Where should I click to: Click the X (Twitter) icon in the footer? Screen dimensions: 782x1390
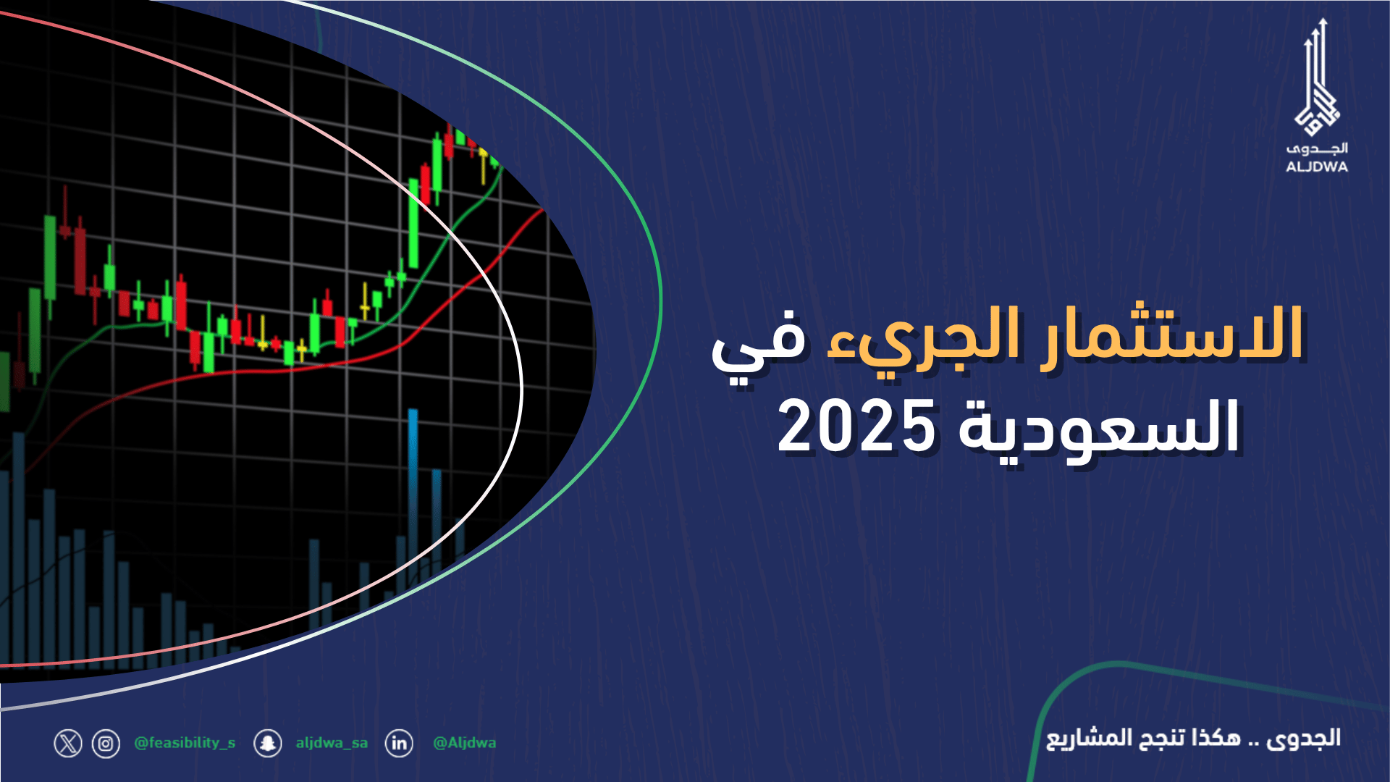coord(68,744)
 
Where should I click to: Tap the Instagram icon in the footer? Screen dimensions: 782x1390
coord(106,744)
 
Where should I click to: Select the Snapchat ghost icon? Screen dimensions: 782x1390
coord(268,744)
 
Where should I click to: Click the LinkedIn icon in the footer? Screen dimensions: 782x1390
coord(399,744)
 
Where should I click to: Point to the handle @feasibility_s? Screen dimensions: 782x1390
coord(185,743)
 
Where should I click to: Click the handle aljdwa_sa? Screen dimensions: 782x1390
coord(332,743)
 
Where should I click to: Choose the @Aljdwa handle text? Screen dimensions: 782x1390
coord(464,743)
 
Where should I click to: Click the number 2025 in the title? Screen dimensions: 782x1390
coord(856,427)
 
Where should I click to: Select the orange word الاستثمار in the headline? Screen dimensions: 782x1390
coord(1171,335)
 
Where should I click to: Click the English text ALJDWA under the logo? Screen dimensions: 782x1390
coord(1317,167)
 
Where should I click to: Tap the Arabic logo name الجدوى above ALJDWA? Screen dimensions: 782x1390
coord(1317,148)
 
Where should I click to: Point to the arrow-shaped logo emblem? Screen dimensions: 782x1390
coord(1317,80)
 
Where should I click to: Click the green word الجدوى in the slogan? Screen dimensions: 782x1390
coord(1303,739)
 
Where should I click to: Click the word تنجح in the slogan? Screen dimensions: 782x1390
coord(1161,739)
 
